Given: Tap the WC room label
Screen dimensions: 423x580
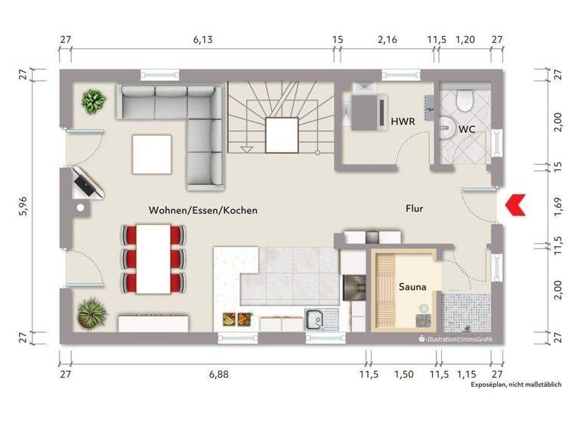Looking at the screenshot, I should (467, 129).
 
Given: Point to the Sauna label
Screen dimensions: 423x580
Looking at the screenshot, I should (412, 287).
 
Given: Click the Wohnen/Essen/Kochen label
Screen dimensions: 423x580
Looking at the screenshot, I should (203, 211).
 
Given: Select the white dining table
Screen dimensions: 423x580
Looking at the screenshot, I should (153, 259).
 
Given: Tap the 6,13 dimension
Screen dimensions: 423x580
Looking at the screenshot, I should (202, 39).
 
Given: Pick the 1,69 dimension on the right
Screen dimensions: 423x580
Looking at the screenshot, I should (557, 205).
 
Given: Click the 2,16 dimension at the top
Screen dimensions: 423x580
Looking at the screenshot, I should (386, 39).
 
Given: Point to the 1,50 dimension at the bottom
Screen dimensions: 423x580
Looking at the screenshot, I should (404, 374).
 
